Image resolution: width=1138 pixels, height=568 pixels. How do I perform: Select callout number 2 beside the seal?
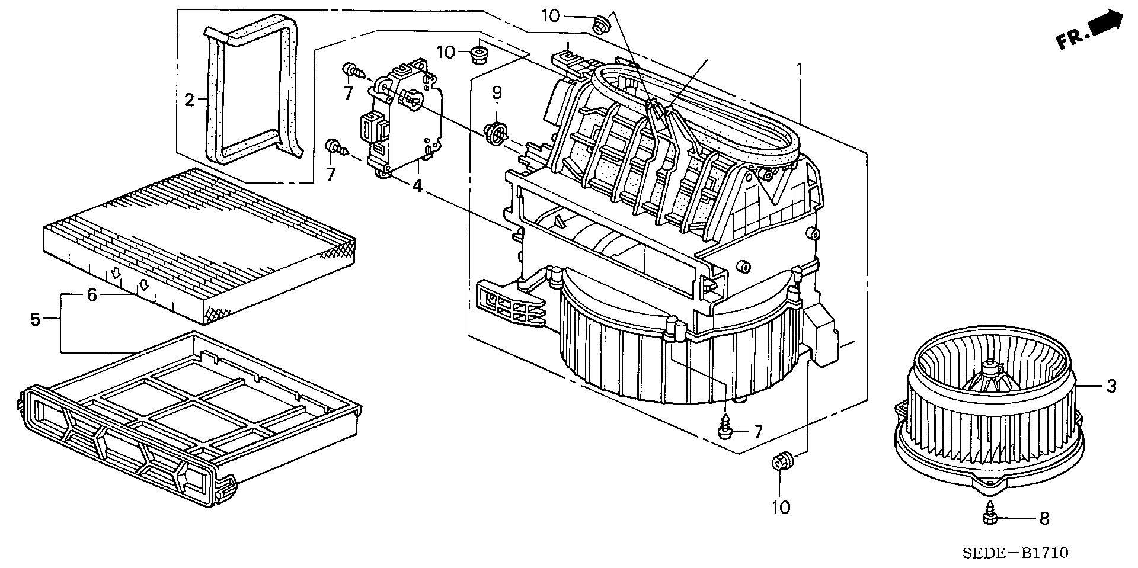[x=190, y=100]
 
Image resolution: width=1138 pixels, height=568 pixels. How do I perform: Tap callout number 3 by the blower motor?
[x=1111, y=386]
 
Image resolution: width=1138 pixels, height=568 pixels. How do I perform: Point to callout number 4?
[x=418, y=186]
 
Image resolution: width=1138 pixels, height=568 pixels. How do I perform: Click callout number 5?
[x=36, y=320]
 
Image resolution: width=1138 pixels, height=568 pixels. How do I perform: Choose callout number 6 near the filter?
[x=92, y=294]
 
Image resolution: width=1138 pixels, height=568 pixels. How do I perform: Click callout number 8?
[x=1044, y=519]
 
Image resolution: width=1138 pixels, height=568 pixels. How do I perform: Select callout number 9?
[x=497, y=92]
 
